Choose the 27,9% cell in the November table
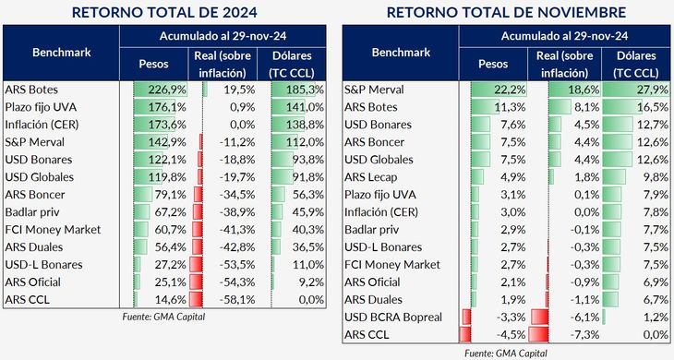pos(639,90)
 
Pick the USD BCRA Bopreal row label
pos(392,318)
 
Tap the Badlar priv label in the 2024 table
pos(34,212)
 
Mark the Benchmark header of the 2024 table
pos(62,53)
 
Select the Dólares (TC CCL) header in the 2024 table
pos(300,61)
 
